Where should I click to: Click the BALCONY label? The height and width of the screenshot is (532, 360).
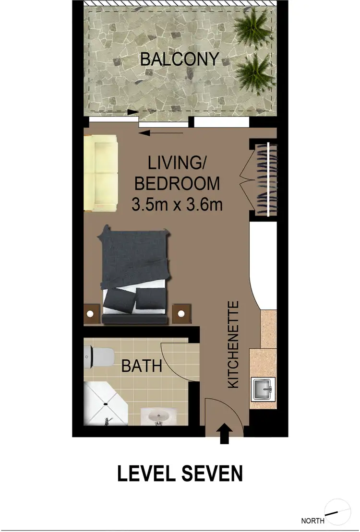[x=179, y=59]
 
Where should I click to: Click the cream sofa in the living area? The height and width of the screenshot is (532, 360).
[x=101, y=173]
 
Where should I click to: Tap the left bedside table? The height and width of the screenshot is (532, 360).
[x=92, y=314]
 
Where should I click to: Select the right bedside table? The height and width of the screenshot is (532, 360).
[x=181, y=314]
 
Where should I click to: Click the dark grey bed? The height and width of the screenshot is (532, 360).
[x=134, y=274]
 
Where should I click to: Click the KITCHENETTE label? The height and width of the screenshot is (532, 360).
[x=233, y=344]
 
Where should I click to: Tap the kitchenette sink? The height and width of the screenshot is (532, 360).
[x=263, y=388]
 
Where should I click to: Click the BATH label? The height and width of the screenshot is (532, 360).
[x=141, y=366]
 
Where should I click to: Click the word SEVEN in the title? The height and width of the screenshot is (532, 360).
[x=213, y=473]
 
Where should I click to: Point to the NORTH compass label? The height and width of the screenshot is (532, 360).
[x=312, y=520]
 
